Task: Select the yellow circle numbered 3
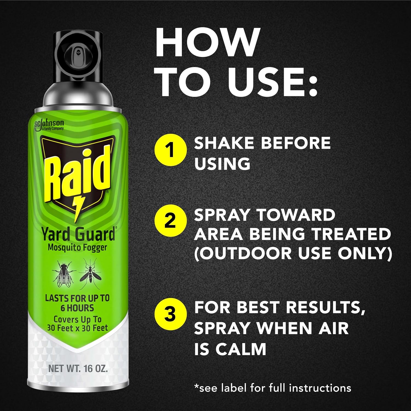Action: (170, 314)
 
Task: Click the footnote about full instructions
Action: (273, 388)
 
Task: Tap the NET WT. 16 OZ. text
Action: (78, 369)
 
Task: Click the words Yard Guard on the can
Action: (78, 235)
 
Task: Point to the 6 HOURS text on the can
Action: (77, 308)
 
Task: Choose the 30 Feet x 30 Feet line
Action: (78, 328)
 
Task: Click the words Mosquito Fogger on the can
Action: (77, 247)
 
